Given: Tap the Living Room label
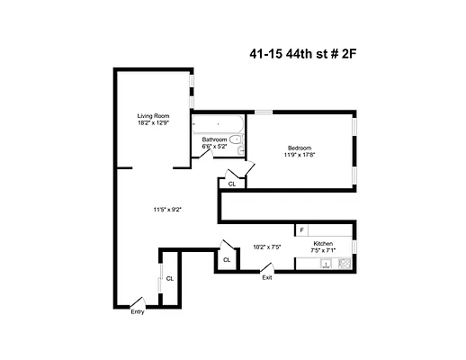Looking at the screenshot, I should click(153, 116).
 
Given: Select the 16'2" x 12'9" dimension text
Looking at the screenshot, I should click(153, 123).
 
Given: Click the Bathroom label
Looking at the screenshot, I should click(214, 139).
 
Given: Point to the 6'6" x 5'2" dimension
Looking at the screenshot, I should click(214, 147).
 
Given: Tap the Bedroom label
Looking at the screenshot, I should click(300, 148).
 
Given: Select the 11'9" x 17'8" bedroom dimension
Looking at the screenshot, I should click(300, 155).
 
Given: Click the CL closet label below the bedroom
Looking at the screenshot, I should click(232, 184).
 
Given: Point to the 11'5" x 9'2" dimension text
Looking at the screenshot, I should click(167, 210).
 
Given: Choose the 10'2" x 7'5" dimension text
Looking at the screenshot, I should click(267, 245).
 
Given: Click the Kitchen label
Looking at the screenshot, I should click(324, 244).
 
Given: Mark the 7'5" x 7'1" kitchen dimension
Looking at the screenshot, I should click(324, 251).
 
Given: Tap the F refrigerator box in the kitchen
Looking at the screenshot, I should click(301, 230).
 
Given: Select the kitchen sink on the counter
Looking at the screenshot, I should click(327, 263).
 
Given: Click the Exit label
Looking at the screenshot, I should click(267, 277).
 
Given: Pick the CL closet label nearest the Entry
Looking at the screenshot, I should click(169, 278).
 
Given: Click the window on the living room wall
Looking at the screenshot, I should click(191, 90).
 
